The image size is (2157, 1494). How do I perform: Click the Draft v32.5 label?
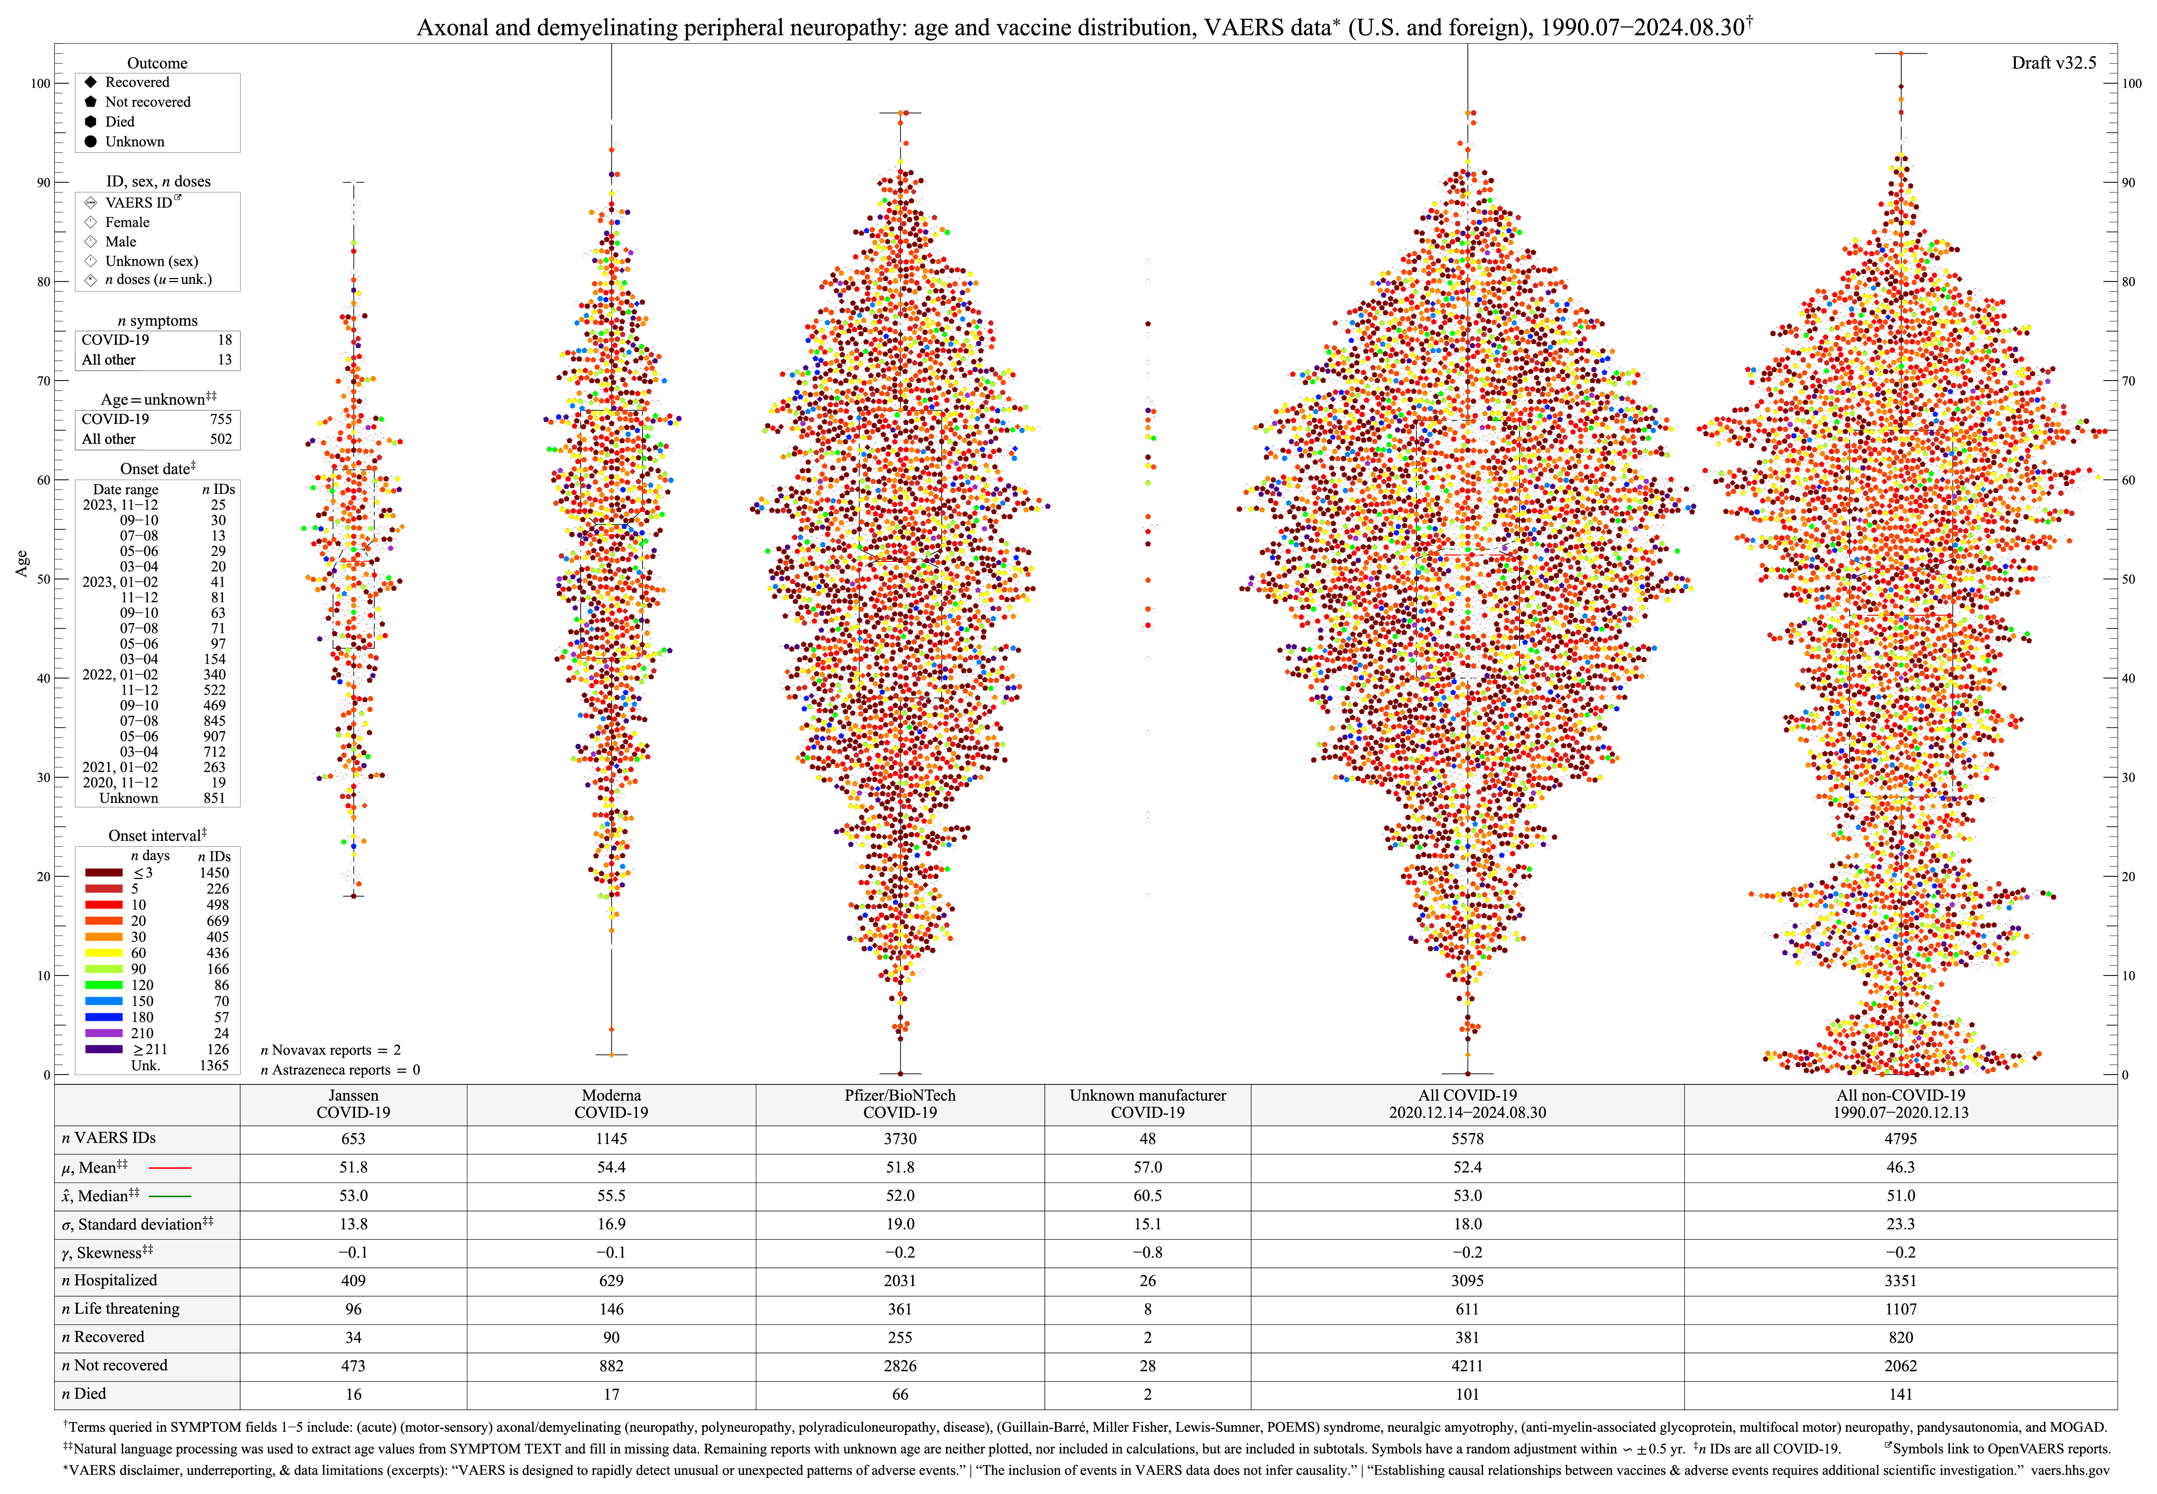[2053, 63]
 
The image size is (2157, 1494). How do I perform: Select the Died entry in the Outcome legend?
[119, 122]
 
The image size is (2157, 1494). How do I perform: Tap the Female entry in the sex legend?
[126, 222]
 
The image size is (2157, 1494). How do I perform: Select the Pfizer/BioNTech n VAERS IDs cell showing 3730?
[900, 1138]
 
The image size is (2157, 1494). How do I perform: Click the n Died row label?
[84, 1394]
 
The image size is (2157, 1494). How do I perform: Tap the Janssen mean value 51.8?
[353, 1167]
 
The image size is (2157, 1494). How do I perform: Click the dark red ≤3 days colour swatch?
[103, 872]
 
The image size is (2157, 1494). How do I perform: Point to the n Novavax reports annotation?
[329, 1050]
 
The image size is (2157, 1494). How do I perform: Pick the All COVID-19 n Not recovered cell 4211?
[1467, 1366]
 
